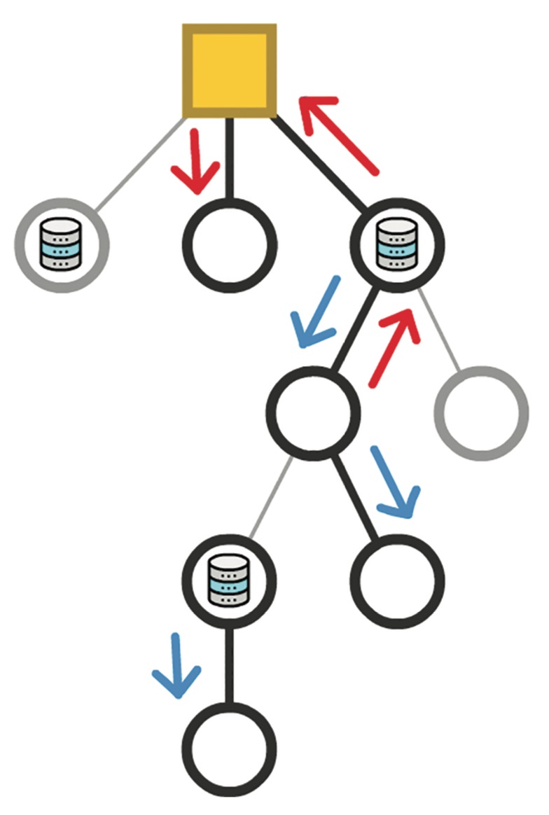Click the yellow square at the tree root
tap(229, 70)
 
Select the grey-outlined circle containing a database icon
tap(62, 245)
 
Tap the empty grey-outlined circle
tap(481, 413)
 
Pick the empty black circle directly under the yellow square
tap(229, 245)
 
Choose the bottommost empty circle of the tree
tap(229, 746)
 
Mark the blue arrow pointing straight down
tap(176, 667)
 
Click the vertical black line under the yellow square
tap(229, 158)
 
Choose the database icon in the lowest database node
tap(229, 580)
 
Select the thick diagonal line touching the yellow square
tap(319, 162)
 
